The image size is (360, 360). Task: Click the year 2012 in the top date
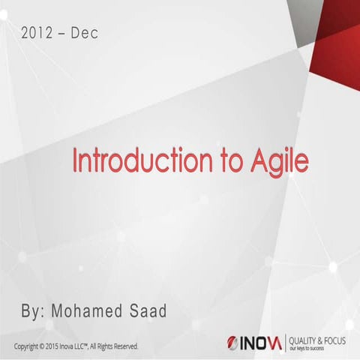coord(38,33)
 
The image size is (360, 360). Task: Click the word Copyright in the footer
coord(28,346)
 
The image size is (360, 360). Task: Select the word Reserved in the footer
coord(124,346)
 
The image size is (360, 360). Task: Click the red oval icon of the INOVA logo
coord(232,343)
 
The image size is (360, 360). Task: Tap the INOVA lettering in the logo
coord(262,343)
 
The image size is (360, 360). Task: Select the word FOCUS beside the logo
coord(342,339)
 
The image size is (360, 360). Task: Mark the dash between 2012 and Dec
coord(65,34)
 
